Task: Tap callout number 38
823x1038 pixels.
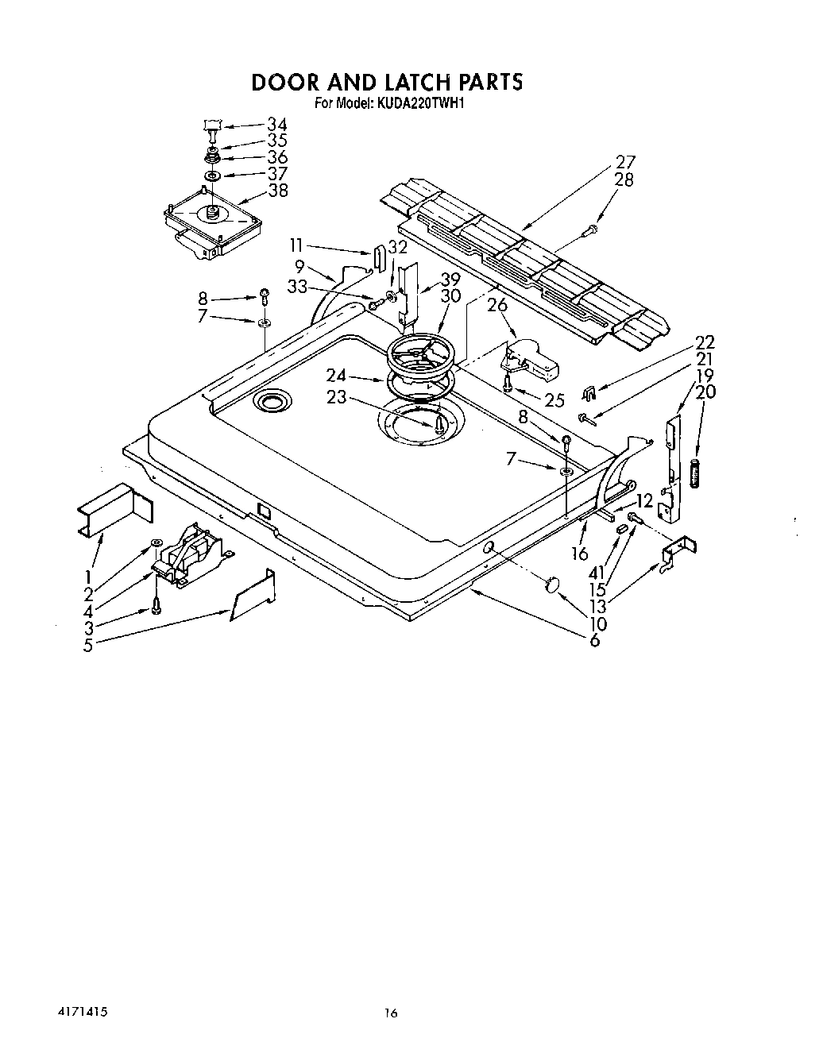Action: [x=278, y=191]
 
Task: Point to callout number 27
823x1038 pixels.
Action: [x=625, y=163]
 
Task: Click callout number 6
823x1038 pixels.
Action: [x=594, y=640]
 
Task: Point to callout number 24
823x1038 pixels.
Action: [x=336, y=376]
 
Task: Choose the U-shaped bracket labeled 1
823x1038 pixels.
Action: [x=114, y=511]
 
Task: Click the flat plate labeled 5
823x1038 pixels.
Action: [x=253, y=596]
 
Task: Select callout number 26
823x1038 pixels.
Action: [x=497, y=305]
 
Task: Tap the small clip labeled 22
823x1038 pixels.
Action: [x=589, y=392]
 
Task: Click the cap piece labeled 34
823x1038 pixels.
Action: [x=211, y=125]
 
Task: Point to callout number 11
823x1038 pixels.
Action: [x=296, y=245]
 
